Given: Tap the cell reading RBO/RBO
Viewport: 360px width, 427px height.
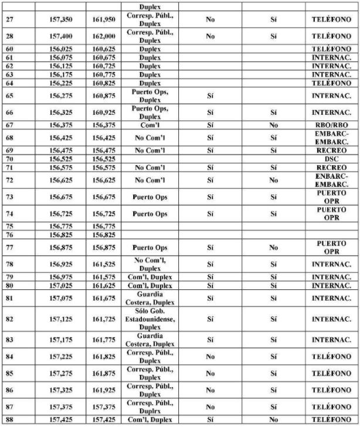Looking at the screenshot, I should click(x=331, y=125).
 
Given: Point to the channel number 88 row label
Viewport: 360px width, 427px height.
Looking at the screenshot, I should click(x=9, y=420).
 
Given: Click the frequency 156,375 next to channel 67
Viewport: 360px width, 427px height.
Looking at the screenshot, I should click(x=62, y=125).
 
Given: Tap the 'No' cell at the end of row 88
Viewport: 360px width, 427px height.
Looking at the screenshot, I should click(x=273, y=420).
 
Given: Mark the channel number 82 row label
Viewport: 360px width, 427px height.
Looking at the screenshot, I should click(x=9, y=319).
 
